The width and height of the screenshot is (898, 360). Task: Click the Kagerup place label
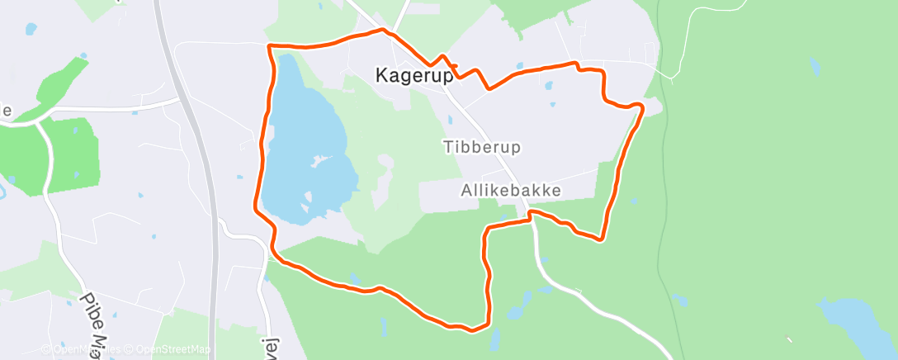(414, 75)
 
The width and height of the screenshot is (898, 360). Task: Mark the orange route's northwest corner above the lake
(270, 45)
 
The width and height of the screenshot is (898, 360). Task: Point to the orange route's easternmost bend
(641, 106)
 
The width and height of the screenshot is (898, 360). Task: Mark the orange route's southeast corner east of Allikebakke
(601, 239)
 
